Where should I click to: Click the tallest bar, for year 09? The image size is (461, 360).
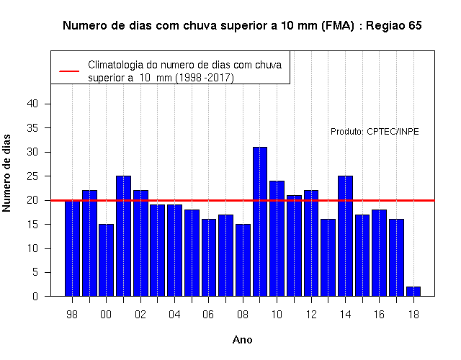(x=260, y=222)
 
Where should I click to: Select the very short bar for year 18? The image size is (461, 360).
(x=413, y=291)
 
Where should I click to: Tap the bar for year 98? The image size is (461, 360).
(x=72, y=248)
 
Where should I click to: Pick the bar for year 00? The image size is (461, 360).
(x=107, y=260)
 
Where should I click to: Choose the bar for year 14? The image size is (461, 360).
(x=345, y=236)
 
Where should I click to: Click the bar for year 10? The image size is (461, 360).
(x=277, y=238)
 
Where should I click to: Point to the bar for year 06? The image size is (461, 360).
(x=209, y=258)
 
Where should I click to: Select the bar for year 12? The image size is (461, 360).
(x=311, y=243)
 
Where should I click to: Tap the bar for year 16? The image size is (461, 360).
(x=380, y=253)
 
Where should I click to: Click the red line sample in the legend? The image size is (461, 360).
(x=69, y=71)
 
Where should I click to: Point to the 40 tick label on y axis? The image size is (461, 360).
(x=32, y=104)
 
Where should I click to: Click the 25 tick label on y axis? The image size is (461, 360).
(x=32, y=176)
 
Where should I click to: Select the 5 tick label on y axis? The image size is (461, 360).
(x=35, y=272)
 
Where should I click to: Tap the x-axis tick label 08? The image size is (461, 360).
(x=243, y=315)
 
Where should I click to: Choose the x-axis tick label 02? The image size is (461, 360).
(x=140, y=315)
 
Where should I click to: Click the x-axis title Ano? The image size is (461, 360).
(x=243, y=340)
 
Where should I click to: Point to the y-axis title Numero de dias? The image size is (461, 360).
(x=6, y=173)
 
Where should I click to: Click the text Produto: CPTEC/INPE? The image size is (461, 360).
(x=375, y=131)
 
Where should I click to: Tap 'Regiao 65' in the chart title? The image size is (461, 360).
(x=394, y=26)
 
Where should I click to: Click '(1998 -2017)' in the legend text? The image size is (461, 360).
(x=205, y=78)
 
